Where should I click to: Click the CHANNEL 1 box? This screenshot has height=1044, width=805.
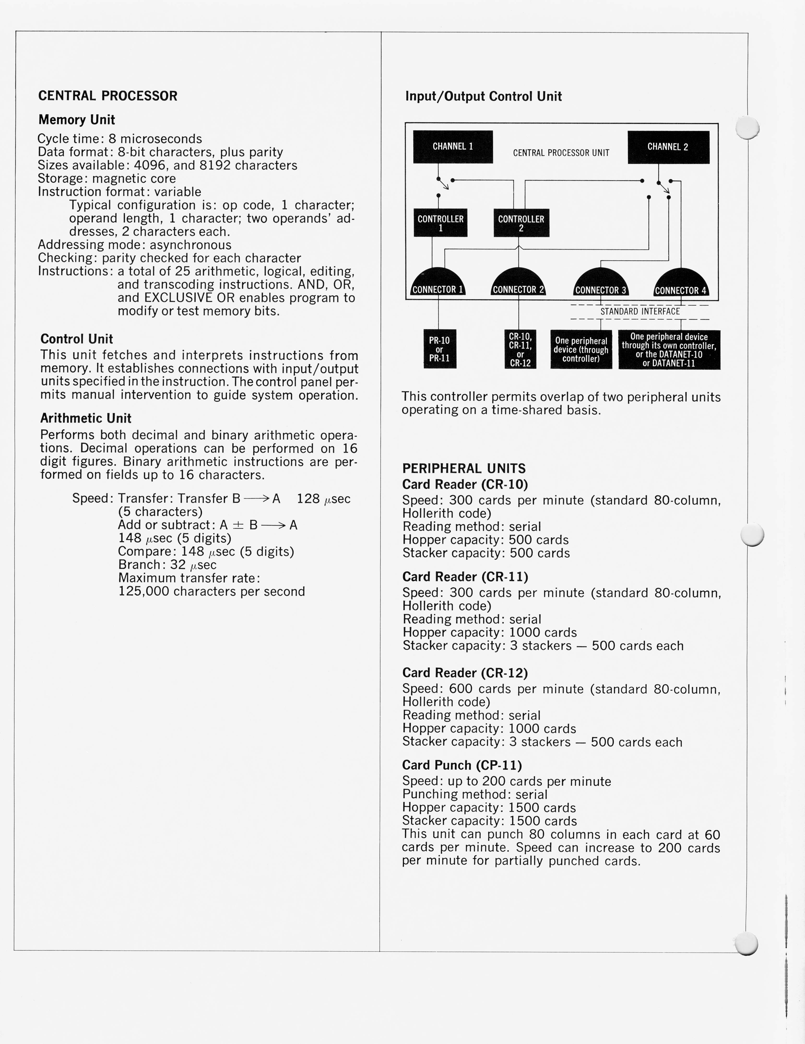coord(452,147)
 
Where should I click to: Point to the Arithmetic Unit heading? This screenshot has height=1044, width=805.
coord(86,418)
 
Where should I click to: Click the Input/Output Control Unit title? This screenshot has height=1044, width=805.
coord(483,97)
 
